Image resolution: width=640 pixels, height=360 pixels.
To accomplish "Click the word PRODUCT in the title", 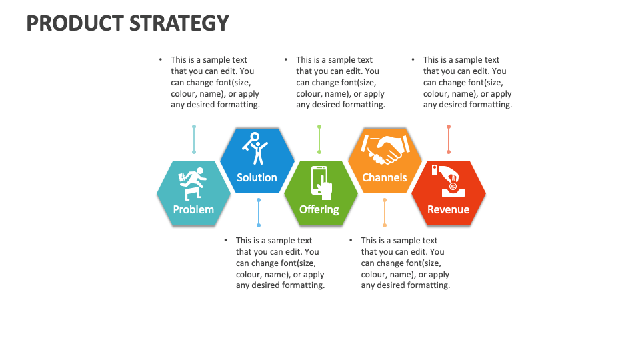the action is point(75,23).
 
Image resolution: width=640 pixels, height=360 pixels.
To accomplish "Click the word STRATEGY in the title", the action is point(179,23).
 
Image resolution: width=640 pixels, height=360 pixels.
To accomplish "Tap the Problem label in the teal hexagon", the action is point(193,210).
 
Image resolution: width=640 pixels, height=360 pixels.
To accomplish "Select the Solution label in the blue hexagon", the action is point(257,177).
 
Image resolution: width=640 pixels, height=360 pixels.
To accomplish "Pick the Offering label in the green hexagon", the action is point(319,210).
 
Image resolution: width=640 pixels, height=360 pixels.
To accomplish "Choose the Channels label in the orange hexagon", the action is point(385,177).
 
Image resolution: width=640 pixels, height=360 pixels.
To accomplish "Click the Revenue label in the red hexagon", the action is point(448,210).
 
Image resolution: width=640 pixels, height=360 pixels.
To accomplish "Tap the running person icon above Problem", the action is point(192,184).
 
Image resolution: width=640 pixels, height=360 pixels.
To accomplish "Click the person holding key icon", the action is point(255,148).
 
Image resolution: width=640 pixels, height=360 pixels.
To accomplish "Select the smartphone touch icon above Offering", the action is point(321,183).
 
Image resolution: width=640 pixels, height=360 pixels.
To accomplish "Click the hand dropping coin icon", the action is point(447,181).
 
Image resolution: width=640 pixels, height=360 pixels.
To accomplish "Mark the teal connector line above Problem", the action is point(194,139).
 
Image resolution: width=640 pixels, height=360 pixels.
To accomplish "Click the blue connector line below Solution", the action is point(259,213).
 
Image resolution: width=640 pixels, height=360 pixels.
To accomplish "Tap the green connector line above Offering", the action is point(319,139).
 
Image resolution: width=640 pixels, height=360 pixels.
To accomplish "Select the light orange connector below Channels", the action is point(385,213).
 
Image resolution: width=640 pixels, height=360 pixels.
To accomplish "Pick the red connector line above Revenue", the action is point(449,139).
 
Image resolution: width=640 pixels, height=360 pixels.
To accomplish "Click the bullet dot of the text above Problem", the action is point(161,59).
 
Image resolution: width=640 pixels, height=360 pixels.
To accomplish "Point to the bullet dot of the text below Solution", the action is point(225,241).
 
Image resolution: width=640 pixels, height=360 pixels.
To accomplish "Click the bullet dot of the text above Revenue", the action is point(413,59).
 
